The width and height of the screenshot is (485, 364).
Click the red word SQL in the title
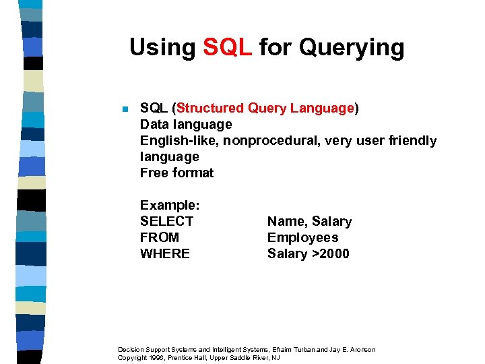pyautogui.click(x=227, y=47)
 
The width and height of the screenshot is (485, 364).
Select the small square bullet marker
pyautogui.click(x=124, y=109)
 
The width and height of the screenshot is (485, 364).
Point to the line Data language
pyautogui.click(x=186, y=124)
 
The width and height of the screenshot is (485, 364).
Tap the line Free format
pyautogui.click(x=176, y=173)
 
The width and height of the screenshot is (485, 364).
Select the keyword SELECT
pyautogui.click(x=166, y=221)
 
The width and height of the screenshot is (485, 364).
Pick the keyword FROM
pyautogui.click(x=160, y=237)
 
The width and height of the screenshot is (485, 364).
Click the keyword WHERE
pyautogui.click(x=165, y=253)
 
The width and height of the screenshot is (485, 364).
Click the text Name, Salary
pyautogui.click(x=309, y=221)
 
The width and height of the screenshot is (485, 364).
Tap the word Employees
pyautogui.click(x=302, y=237)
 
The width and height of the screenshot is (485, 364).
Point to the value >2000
pyautogui.click(x=330, y=253)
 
